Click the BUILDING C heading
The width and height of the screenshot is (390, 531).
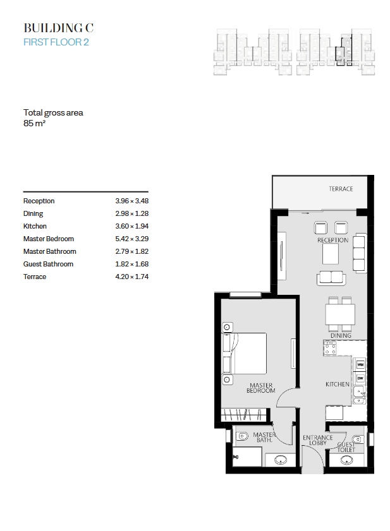tap(58, 28)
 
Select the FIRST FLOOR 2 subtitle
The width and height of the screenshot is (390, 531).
tap(56, 42)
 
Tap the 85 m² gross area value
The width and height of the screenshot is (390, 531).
tap(34, 123)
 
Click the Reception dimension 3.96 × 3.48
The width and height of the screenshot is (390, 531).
tap(132, 201)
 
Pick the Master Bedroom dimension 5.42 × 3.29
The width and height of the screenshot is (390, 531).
tap(132, 239)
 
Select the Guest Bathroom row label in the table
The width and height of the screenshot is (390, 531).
tap(48, 264)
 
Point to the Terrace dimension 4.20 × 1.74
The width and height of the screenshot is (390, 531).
tap(132, 277)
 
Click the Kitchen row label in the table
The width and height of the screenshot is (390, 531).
tap(35, 226)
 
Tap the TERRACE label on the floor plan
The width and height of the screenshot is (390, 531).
tap(341, 189)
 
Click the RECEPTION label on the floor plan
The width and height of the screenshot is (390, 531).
tap(332, 240)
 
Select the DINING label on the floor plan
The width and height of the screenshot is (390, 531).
tap(341, 335)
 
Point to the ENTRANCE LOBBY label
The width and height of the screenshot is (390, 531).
tap(318, 440)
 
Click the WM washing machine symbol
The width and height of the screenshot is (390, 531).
tap(360, 365)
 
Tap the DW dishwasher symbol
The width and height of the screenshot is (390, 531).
tap(360, 378)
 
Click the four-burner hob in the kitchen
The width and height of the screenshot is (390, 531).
tap(330, 348)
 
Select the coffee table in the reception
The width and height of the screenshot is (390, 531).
tap(331, 254)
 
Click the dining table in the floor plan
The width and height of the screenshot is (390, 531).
tap(340, 314)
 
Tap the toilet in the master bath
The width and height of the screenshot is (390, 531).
tap(242, 436)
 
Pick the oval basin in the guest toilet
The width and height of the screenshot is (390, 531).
tap(346, 460)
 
